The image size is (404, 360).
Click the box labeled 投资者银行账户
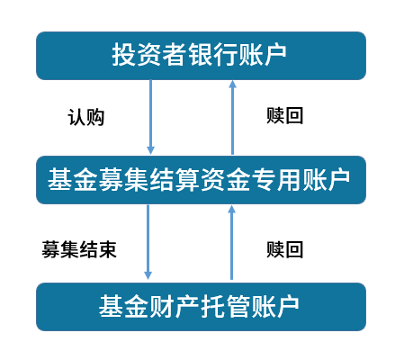coord(201,56)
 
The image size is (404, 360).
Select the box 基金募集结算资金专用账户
coord(201,180)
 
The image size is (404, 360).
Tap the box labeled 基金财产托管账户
coord(201,307)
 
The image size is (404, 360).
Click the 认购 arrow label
coord(86,117)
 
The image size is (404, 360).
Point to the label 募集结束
coord(79,249)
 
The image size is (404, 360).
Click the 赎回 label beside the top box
coord(285,116)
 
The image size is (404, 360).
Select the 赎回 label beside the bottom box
coord(285,249)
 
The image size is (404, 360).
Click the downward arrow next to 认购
coord(150,117)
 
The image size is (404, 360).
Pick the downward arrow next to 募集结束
coord(148,242)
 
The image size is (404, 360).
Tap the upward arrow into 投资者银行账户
coord(232,117)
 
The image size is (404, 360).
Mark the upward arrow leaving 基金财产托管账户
coord(231,242)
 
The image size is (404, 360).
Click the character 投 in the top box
coord(124,55)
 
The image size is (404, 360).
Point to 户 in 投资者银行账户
coord(276,55)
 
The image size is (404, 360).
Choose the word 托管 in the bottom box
coord(226,306)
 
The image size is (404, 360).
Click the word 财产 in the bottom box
coord(175,306)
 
